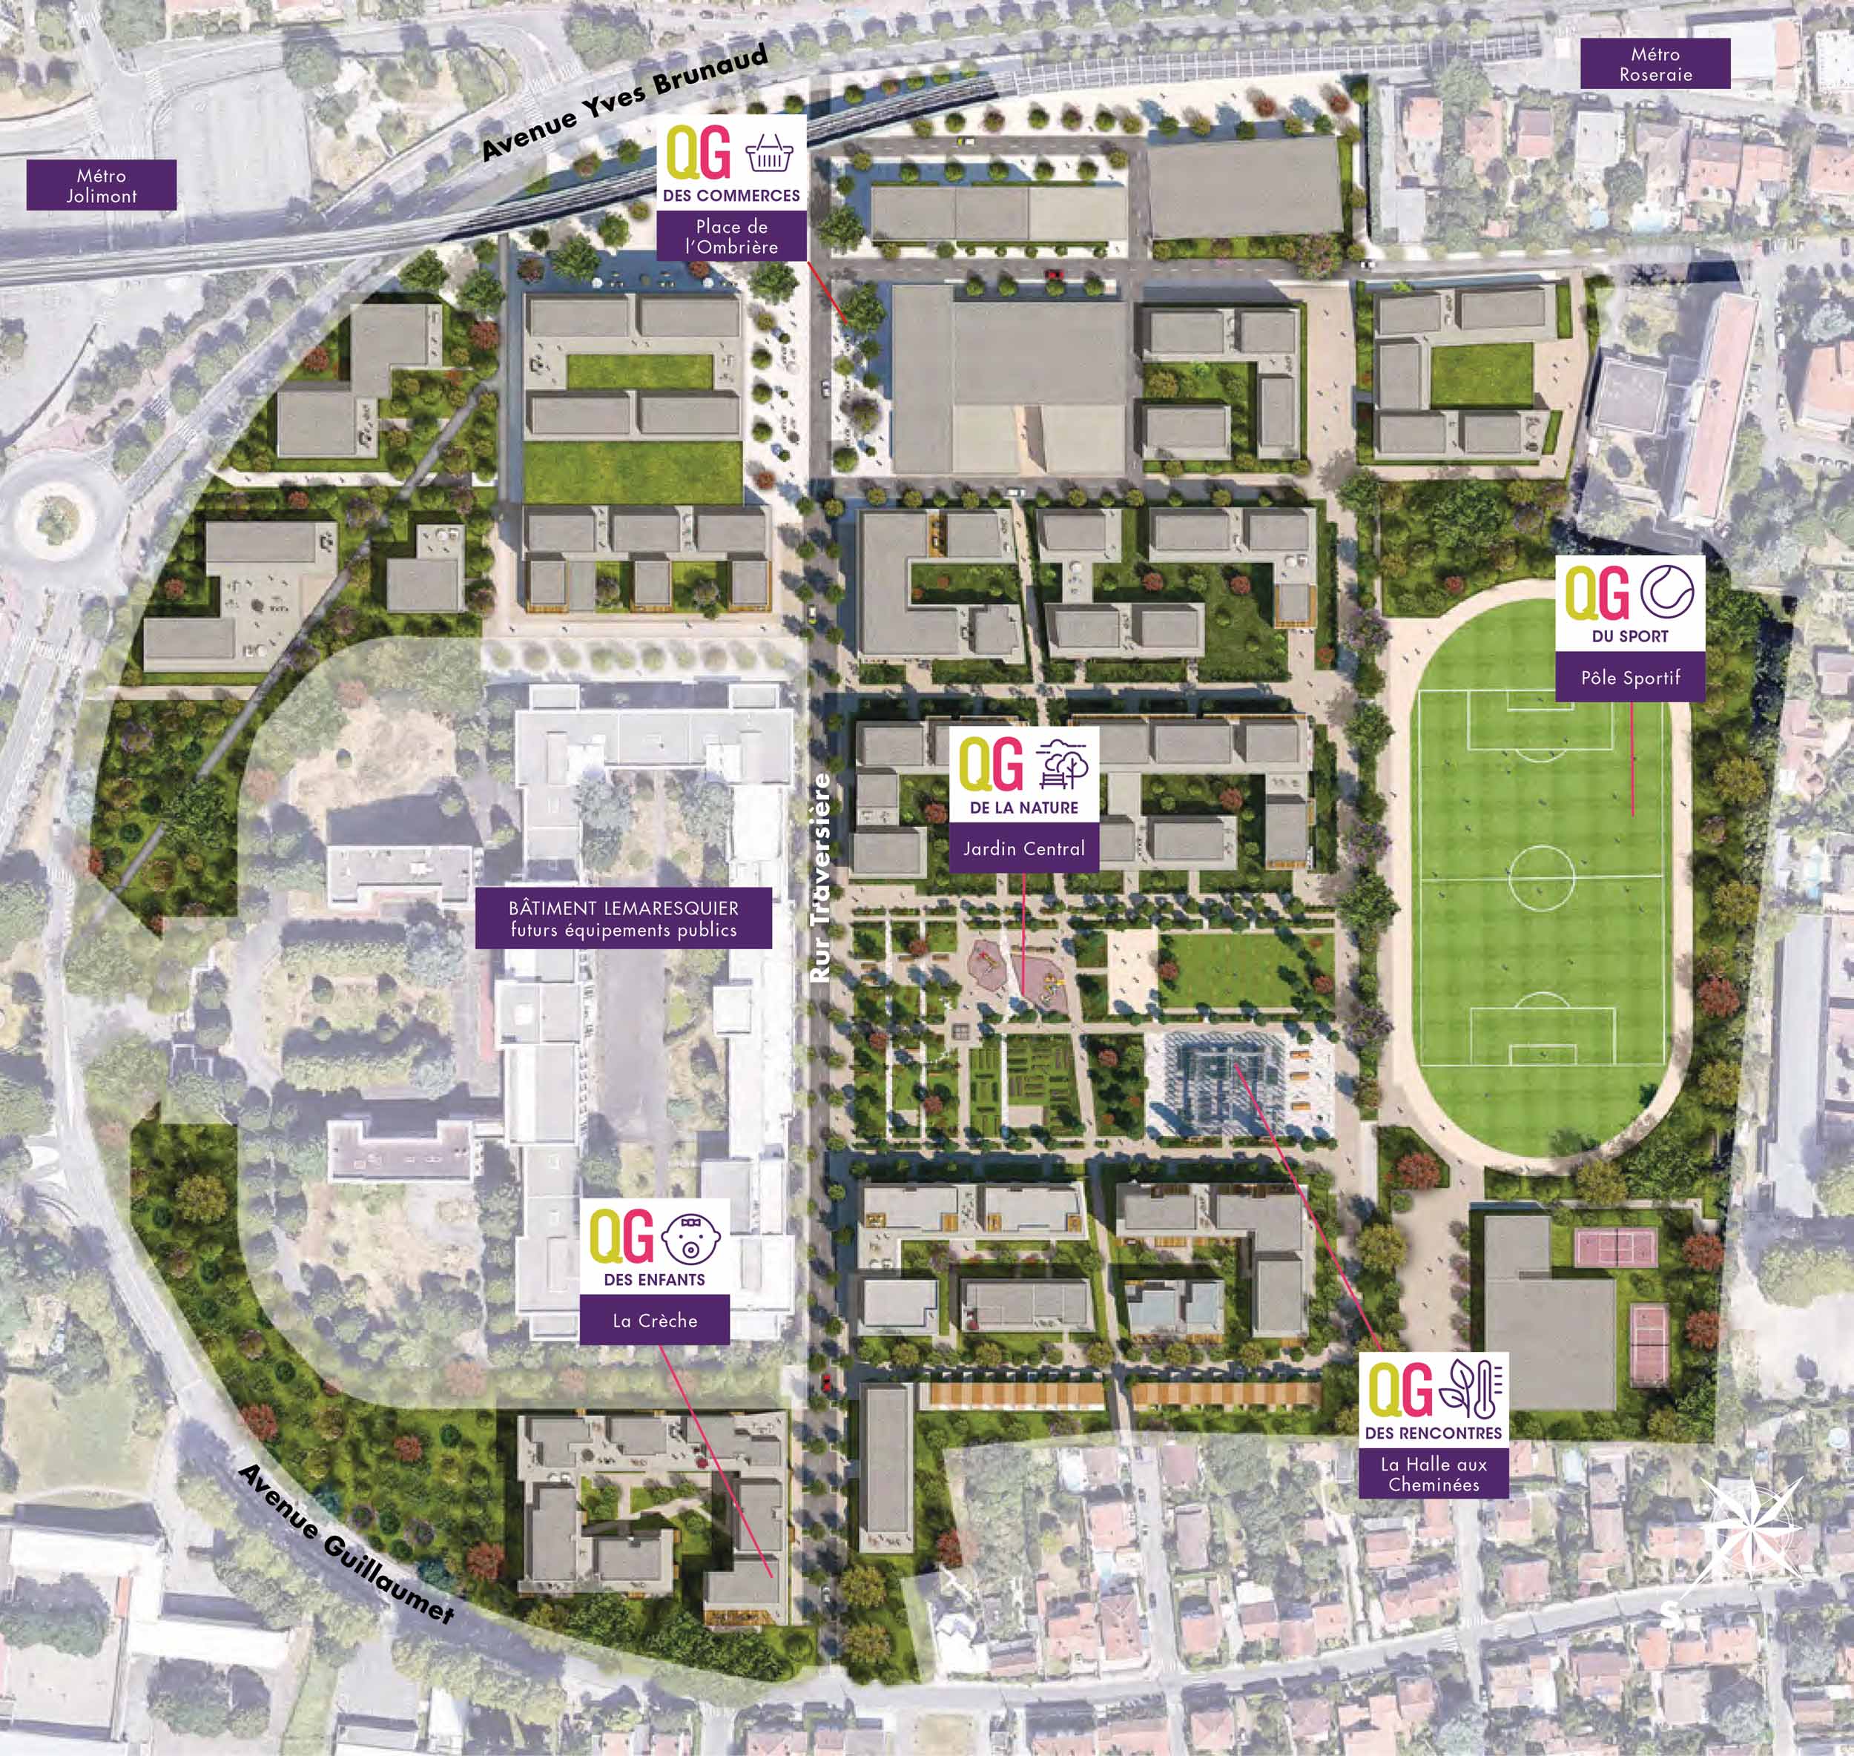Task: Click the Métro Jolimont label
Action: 101,185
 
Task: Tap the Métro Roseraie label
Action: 1655,65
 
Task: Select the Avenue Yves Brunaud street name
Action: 624,103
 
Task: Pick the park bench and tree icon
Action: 1064,766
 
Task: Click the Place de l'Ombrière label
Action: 731,236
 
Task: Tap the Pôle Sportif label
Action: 1630,678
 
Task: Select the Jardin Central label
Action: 1024,849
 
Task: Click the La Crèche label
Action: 654,1321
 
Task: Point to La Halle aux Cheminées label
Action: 1433,1474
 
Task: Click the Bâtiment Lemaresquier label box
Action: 623,918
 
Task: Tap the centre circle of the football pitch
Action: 1540,878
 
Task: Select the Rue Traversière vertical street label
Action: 821,877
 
